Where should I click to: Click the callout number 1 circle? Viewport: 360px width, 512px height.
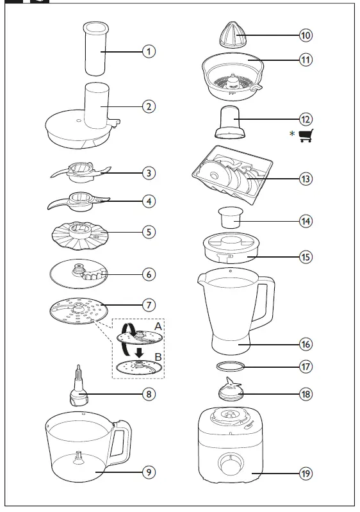coord(149,51)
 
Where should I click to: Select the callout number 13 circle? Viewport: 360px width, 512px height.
coord(306,179)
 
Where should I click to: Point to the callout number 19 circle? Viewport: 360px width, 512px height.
coord(306,474)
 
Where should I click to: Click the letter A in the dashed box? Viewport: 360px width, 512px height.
coord(158,326)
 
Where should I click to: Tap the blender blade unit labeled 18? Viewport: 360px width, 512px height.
coord(229,390)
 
